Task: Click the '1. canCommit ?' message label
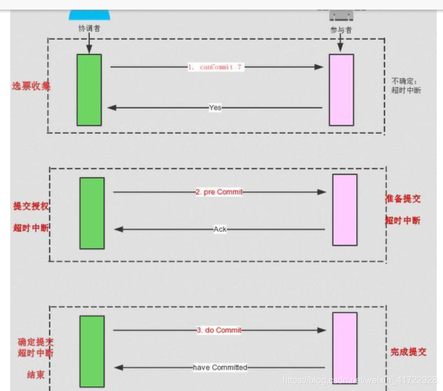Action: (216, 67)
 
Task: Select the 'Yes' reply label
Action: (215, 107)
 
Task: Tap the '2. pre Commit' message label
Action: (219, 192)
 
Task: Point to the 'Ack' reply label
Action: (220, 229)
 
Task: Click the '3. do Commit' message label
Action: (219, 330)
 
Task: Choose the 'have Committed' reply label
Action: (220, 368)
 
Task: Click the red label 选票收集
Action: (31, 86)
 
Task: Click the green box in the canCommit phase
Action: (89, 90)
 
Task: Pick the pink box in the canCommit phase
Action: (341, 90)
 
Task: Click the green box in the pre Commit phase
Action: (92, 213)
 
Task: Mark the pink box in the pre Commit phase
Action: (345, 210)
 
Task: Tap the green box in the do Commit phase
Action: (92, 351)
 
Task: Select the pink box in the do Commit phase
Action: (345, 348)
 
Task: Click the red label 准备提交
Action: (403, 199)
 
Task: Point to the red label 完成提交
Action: (408, 352)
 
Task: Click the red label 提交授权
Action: (31, 207)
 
